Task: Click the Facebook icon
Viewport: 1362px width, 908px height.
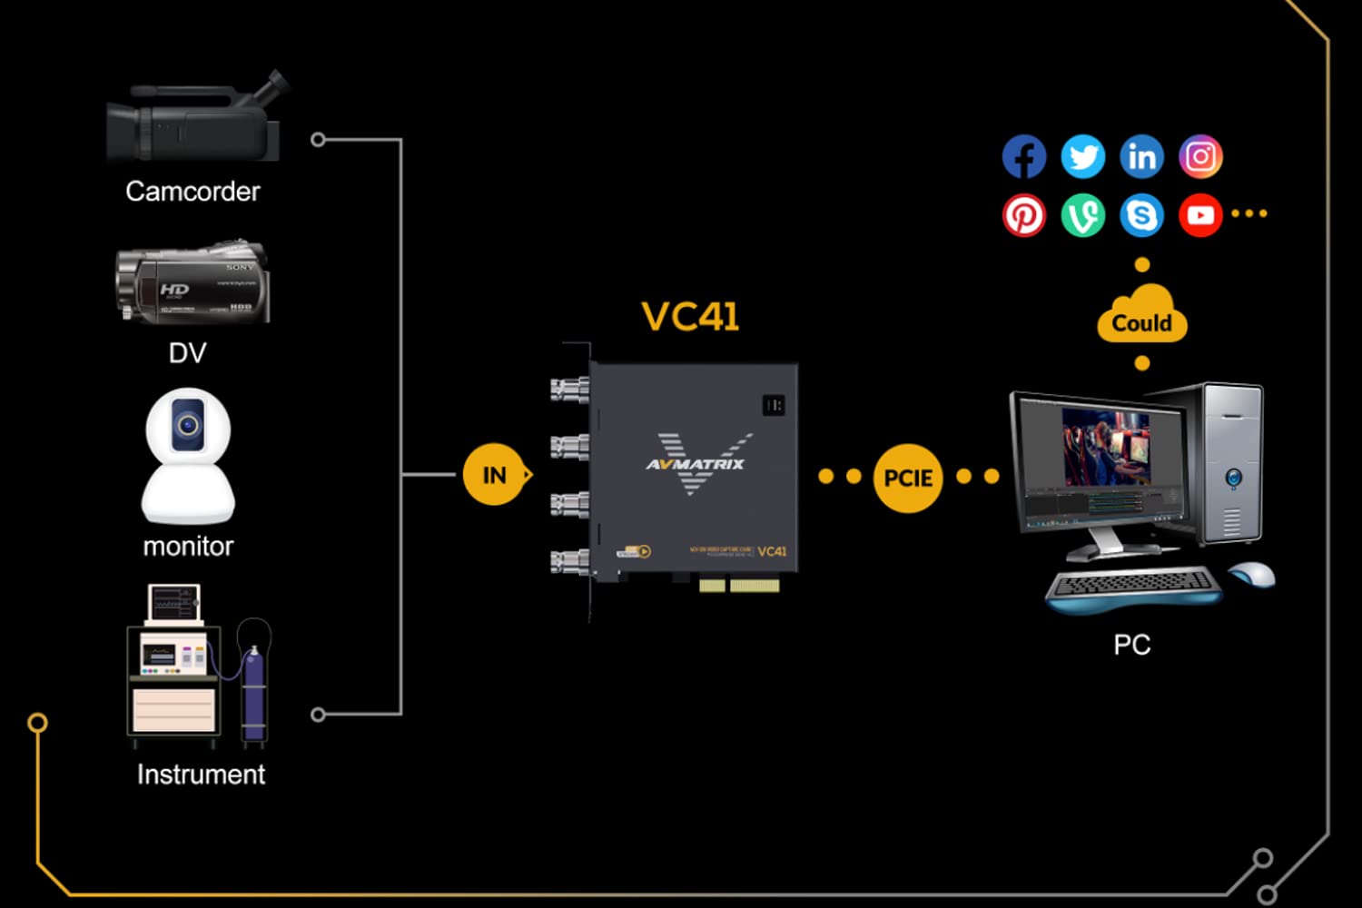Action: pyautogui.click(x=1023, y=157)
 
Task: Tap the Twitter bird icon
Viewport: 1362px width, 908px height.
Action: pyautogui.click(x=1082, y=157)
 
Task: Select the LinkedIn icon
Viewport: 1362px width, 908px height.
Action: pyautogui.click(x=1141, y=157)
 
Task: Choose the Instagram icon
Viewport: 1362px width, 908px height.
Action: pyautogui.click(x=1200, y=157)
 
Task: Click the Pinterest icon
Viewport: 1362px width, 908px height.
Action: pyautogui.click(x=1023, y=216)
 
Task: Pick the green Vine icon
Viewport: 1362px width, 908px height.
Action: pyautogui.click(x=1082, y=216)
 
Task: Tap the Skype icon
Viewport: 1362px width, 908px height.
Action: pyautogui.click(x=1141, y=216)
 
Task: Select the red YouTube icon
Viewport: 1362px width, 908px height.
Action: pyautogui.click(x=1200, y=216)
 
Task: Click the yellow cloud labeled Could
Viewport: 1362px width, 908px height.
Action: pyautogui.click(x=1142, y=317)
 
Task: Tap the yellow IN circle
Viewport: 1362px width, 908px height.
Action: pyautogui.click(x=495, y=475)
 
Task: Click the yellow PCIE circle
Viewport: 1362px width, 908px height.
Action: pyautogui.click(x=908, y=478)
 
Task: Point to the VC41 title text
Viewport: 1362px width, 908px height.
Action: pyautogui.click(x=690, y=317)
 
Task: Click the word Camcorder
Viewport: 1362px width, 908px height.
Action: pyautogui.click(x=192, y=192)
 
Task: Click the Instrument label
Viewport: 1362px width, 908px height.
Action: pyautogui.click(x=201, y=775)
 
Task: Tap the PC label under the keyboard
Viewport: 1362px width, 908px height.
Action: pyautogui.click(x=1132, y=645)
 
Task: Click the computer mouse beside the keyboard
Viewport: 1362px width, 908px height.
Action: pyautogui.click(x=1252, y=574)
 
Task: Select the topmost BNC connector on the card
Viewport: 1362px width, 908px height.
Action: pyautogui.click(x=569, y=390)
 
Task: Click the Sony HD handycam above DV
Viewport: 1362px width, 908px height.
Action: pyautogui.click(x=192, y=282)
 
